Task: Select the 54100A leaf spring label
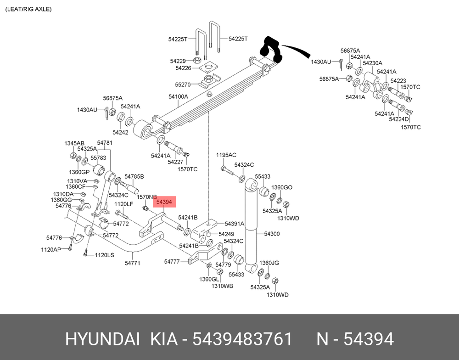point(178,97)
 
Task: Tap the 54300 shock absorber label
point(272,234)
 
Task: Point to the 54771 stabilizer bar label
point(132,263)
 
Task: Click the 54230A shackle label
point(372,63)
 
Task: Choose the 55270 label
point(183,84)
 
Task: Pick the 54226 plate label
point(183,68)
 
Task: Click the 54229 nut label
point(178,61)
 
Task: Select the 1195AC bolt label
point(226,155)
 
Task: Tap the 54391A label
point(235,224)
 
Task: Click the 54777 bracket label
point(172,261)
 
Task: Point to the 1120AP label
point(51,250)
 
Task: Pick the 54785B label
point(134,176)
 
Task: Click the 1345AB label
point(74,143)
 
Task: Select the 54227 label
point(176,162)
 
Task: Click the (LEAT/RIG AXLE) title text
point(28,9)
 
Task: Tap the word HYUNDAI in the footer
point(102,339)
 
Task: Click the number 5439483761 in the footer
point(242,339)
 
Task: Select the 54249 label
point(226,234)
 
